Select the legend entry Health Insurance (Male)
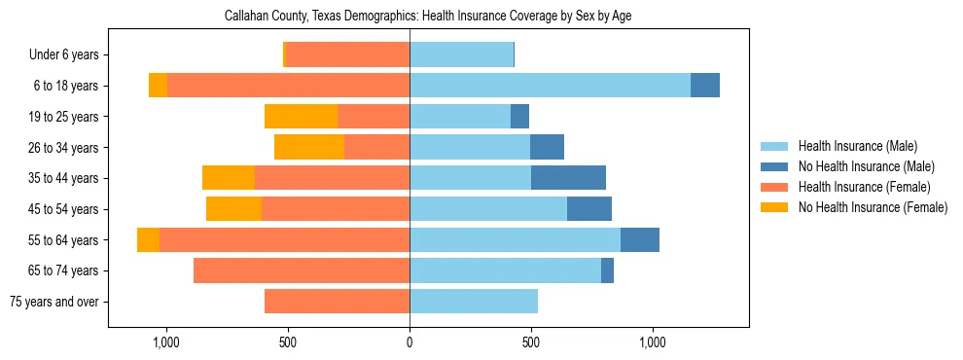click(857, 146)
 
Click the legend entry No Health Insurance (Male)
click(866, 166)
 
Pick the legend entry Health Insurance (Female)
click(864, 187)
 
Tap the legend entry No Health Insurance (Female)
click(872, 207)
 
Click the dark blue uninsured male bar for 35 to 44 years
click(568, 178)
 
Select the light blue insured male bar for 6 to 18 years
click(550, 86)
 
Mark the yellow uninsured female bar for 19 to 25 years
click(301, 117)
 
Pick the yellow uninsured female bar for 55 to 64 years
click(148, 240)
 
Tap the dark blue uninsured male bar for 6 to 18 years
click(705, 86)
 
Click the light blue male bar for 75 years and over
click(474, 302)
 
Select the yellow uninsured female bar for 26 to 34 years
click(309, 148)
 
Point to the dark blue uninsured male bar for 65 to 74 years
click(607, 270)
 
